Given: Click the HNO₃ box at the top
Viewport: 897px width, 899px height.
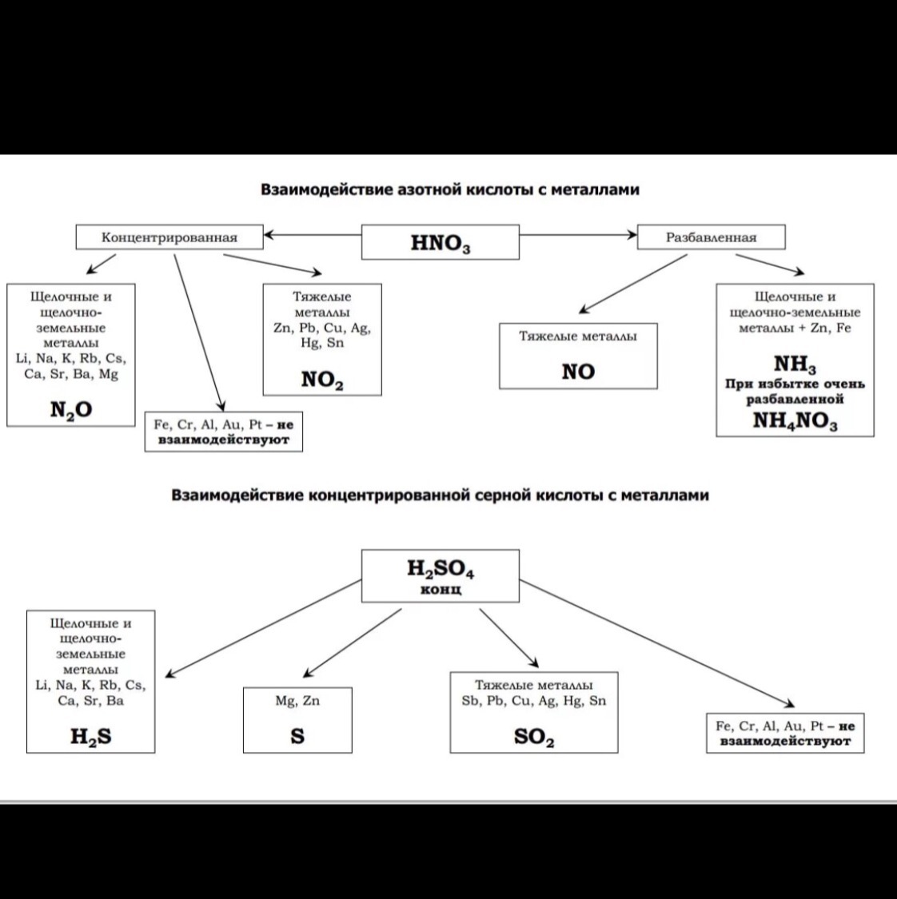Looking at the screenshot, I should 441,242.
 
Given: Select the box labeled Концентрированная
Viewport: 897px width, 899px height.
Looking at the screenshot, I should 169,237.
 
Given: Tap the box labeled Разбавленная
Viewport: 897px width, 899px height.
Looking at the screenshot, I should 711,237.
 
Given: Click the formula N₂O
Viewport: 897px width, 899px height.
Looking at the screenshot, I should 71,410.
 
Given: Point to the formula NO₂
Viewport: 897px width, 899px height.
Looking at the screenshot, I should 322,380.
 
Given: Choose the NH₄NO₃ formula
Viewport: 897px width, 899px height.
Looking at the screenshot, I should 795,421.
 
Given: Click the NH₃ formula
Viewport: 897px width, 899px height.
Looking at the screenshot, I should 795,365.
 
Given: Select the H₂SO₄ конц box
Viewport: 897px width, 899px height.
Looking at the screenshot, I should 441,575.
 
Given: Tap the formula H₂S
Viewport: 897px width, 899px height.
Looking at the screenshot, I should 90,737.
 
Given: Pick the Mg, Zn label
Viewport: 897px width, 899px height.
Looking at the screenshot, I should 297,701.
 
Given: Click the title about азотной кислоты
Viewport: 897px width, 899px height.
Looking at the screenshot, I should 450,190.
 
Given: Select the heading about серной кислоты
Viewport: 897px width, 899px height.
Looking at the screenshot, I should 441,495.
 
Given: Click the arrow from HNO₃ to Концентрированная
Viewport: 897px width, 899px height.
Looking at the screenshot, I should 312,235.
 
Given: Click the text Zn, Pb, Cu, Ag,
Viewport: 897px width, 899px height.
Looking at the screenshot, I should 322,328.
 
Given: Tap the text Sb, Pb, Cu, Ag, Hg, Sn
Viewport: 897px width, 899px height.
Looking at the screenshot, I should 533,701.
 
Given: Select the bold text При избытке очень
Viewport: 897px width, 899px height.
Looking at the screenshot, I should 795,384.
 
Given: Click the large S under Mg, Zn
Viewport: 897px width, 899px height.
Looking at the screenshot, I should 297,736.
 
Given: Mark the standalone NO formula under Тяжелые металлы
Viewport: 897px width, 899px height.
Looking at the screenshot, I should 578,372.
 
